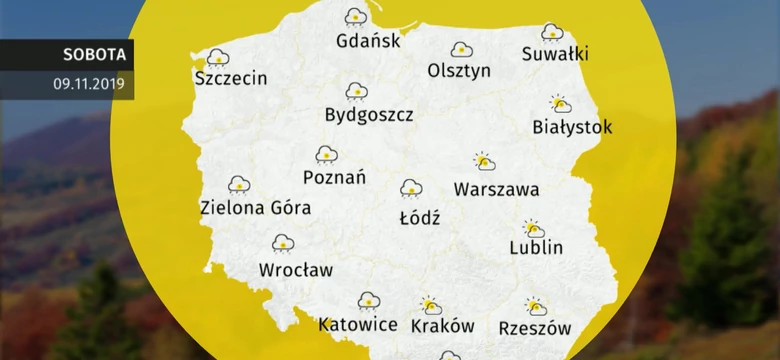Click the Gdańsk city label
[x=368, y=42]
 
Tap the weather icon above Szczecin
[x=218, y=57]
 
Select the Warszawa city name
[x=496, y=189]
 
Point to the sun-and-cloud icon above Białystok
[x=560, y=104]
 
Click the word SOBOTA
[x=93, y=55]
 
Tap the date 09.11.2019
[x=89, y=84]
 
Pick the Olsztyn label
[x=459, y=71]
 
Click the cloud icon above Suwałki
[x=552, y=32]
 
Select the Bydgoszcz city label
[x=369, y=115]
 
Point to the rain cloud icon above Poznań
[x=326, y=154]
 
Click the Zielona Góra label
[x=255, y=208]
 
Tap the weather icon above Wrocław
[x=283, y=243]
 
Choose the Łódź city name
[x=420, y=217]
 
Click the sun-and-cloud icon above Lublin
[x=533, y=229]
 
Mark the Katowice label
[x=358, y=325]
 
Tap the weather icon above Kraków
[x=431, y=305]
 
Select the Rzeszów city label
[x=534, y=327]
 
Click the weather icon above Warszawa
[x=484, y=162]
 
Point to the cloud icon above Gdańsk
[x=355, y=16]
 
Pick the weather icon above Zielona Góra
[x=239, y=184]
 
